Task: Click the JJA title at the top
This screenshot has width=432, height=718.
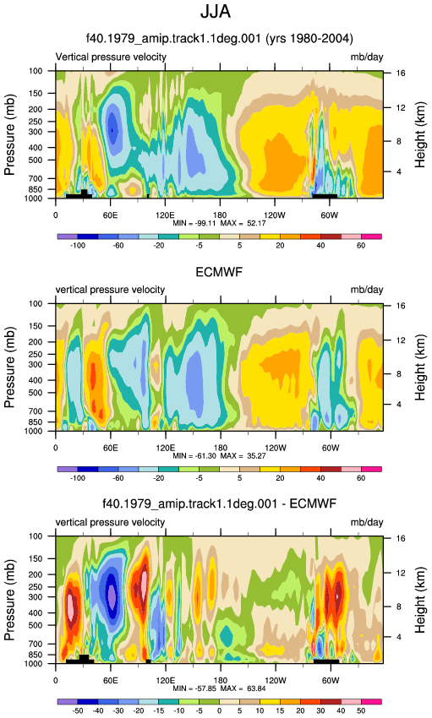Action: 216,12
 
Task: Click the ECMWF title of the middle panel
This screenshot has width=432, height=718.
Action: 219,273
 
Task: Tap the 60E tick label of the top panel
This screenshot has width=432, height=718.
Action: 111,215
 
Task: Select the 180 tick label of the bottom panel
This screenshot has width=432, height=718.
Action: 221,681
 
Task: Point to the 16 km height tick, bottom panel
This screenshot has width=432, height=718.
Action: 401,538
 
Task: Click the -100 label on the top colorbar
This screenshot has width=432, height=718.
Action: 78,246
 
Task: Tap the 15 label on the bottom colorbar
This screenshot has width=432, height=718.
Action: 280,710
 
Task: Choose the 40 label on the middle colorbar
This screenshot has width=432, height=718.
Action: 320,478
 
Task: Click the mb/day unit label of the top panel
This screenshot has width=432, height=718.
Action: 367,57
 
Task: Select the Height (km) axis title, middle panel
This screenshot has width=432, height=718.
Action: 420,367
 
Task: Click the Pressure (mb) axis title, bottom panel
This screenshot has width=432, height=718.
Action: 9,600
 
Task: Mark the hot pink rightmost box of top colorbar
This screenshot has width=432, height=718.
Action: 371,237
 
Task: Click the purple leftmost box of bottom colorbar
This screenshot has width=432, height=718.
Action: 68,701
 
